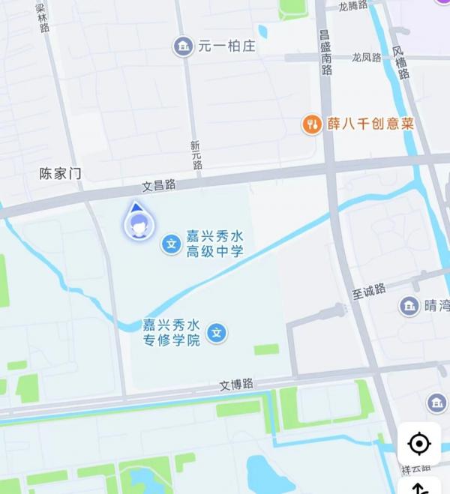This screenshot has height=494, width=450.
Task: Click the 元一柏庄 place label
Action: click(226, 46)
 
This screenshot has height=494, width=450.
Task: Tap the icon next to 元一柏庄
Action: click(182, 46)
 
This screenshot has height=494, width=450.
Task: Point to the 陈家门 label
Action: click(60, 174)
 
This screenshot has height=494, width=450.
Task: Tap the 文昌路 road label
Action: click(159, 184)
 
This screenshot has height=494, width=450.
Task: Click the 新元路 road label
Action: click(196, 154)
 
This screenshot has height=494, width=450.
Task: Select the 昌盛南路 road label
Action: click(325, 52)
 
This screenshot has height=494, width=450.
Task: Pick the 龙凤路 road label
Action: click(367, 58)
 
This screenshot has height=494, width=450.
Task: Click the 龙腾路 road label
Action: click(353, 6)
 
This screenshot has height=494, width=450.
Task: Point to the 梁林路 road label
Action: click(43, 16)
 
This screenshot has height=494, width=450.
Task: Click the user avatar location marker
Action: click(137, 226)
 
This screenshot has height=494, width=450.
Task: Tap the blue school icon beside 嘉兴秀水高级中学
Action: click(172, 244)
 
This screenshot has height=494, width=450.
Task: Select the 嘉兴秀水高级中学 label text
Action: click(215, 244)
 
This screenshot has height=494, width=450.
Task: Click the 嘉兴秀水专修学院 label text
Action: click(172, 332)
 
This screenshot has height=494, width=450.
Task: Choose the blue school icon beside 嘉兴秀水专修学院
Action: click(217, 332)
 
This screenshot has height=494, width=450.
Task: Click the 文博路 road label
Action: click(236, 385)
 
